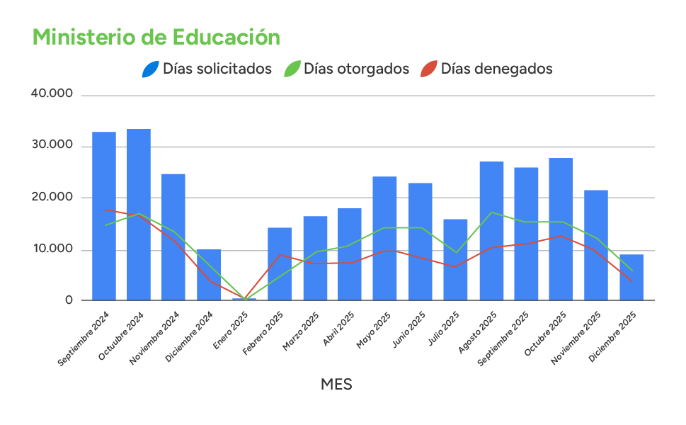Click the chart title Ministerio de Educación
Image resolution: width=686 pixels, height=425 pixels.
(156, 38)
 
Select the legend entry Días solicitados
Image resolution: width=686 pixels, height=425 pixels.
(217, 69)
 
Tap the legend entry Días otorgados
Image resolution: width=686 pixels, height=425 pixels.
(356, 69)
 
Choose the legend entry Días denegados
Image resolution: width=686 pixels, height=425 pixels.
(496, 69)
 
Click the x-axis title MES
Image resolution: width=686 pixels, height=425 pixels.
(336, 385)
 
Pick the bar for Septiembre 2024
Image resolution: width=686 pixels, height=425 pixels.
(104, 216)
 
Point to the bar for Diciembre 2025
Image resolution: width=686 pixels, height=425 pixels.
(631, 277)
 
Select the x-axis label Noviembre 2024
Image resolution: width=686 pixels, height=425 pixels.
(156, 338)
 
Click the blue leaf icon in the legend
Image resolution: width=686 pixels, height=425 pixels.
(151, 69)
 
